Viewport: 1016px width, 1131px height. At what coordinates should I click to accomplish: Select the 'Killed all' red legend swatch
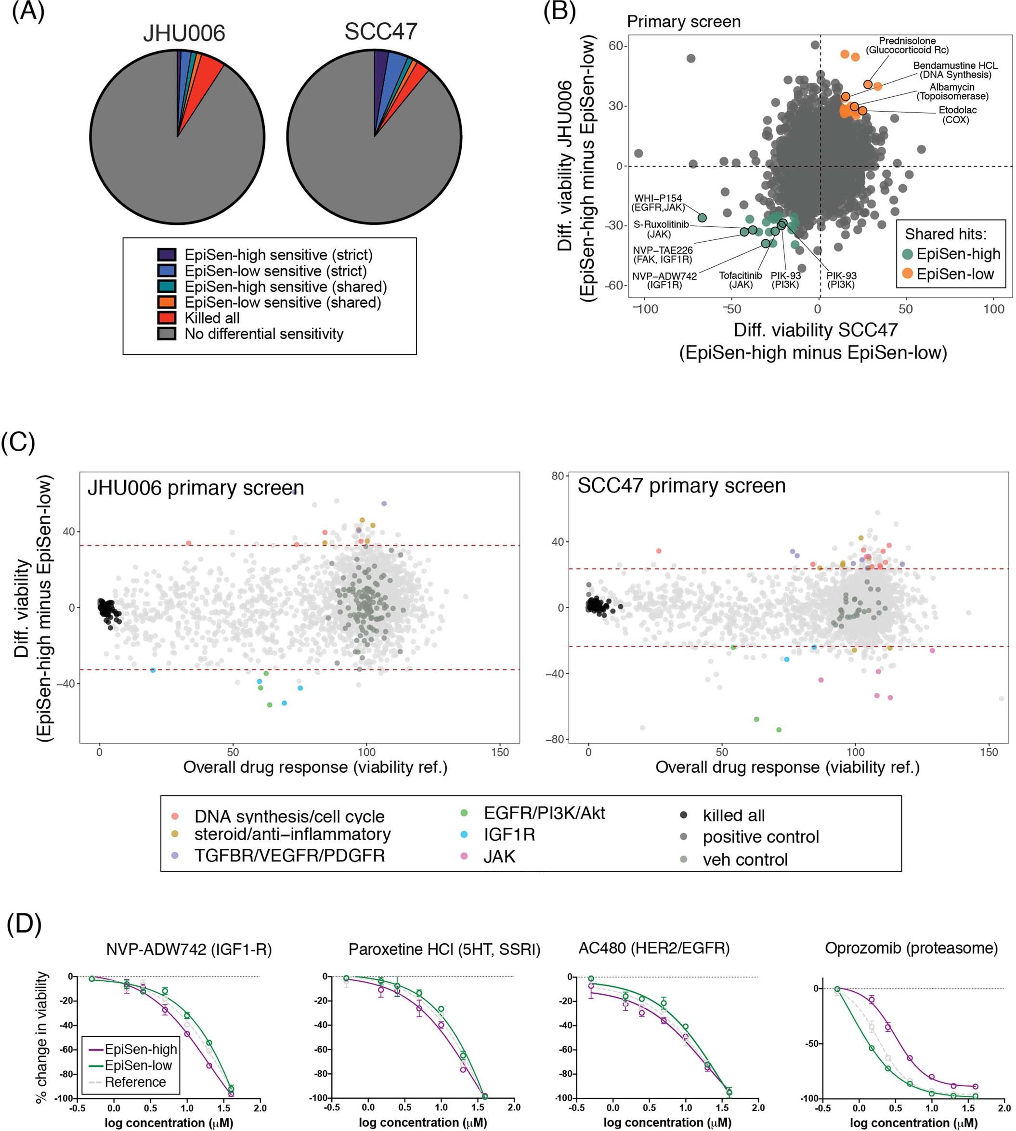pos(167,318)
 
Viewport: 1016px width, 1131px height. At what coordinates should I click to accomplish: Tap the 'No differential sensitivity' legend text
pos(263,334)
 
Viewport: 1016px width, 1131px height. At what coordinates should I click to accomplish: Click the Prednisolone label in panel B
pos(907,45)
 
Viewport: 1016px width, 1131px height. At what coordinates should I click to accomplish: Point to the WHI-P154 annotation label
pos(658,203)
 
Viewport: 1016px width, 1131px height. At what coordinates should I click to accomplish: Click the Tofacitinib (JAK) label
pos(740,280)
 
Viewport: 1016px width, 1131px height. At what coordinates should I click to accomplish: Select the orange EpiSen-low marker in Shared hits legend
pos(908,273)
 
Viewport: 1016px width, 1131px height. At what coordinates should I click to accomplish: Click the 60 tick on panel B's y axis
pos(615,46)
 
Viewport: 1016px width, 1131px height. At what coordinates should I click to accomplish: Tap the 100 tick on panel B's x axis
pos(993,309)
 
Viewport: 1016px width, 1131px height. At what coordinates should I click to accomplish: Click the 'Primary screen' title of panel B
pos(683,22)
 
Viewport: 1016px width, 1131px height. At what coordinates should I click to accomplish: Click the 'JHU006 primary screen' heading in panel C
pos(195,488)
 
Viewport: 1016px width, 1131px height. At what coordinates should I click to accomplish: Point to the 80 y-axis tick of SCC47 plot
pos(557,476)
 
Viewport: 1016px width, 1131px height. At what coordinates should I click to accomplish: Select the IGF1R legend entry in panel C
pos(508,834)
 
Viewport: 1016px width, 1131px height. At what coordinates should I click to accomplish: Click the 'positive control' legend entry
pos(760,837)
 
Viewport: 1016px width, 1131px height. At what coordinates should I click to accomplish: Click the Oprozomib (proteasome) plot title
pos(911,949)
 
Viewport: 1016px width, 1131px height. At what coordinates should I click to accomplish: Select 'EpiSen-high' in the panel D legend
pos(141,1050)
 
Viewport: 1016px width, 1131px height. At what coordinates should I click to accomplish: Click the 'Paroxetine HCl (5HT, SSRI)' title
pos(444,949)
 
